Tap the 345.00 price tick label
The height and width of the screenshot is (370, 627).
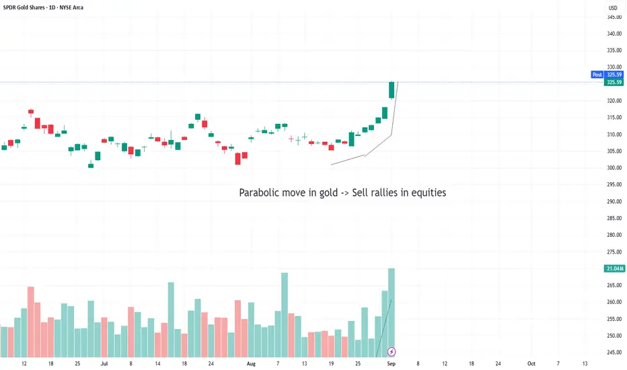(613, 17)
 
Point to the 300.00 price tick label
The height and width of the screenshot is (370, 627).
(613, 168)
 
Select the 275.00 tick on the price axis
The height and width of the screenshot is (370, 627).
(613, 252)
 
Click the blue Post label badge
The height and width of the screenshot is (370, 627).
(597, 75)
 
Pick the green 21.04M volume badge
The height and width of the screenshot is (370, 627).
(614, 269)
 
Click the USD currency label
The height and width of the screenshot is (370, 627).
(613, 8)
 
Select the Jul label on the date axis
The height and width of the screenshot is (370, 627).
(104, 363)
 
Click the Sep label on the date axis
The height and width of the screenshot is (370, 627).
(392, 363)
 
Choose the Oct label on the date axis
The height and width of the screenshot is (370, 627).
(531, 363)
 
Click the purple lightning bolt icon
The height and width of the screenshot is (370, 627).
(392, 351)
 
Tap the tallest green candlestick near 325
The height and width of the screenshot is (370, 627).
(392, 90)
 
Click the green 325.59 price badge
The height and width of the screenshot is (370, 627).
(614, 82)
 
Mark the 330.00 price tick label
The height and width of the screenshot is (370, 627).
(613, 67)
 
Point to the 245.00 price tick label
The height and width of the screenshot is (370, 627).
(613, 352)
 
